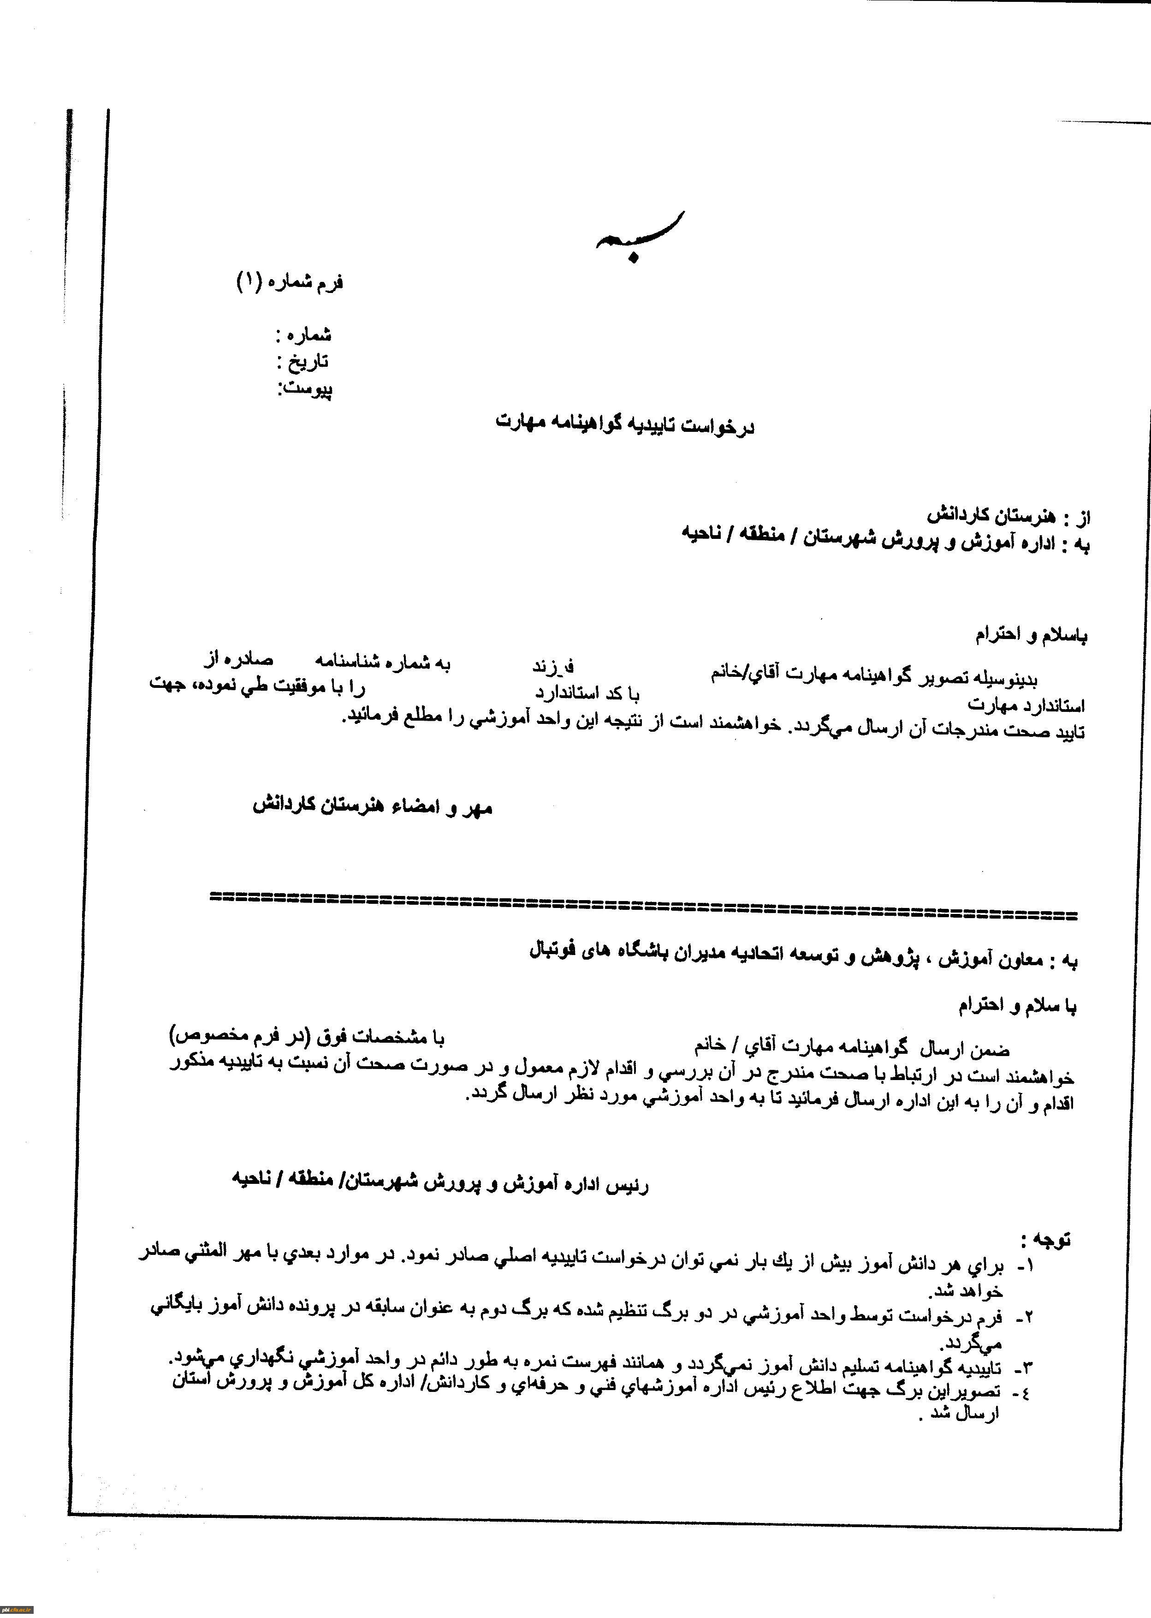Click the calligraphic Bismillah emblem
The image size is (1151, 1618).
click(x=640, y=236)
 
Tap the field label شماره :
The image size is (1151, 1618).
click(x=304, y=334)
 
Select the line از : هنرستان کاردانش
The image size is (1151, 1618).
click(x=1007, y=515)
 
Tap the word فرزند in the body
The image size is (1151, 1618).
click(x=553, y=666)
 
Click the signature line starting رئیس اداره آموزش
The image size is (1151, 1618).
click(x=439, y=1182)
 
